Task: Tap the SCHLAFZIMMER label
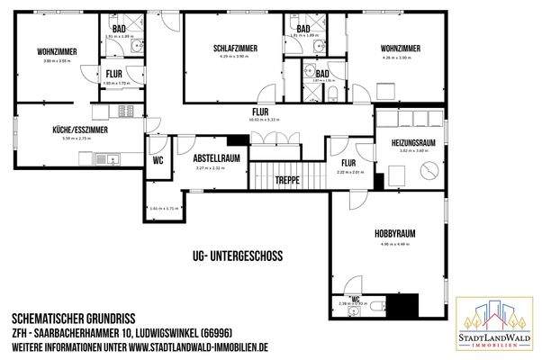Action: pyautogui.click(x=236, y=47)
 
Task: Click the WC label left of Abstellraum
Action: pyautogui.click(x=158, y=162)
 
